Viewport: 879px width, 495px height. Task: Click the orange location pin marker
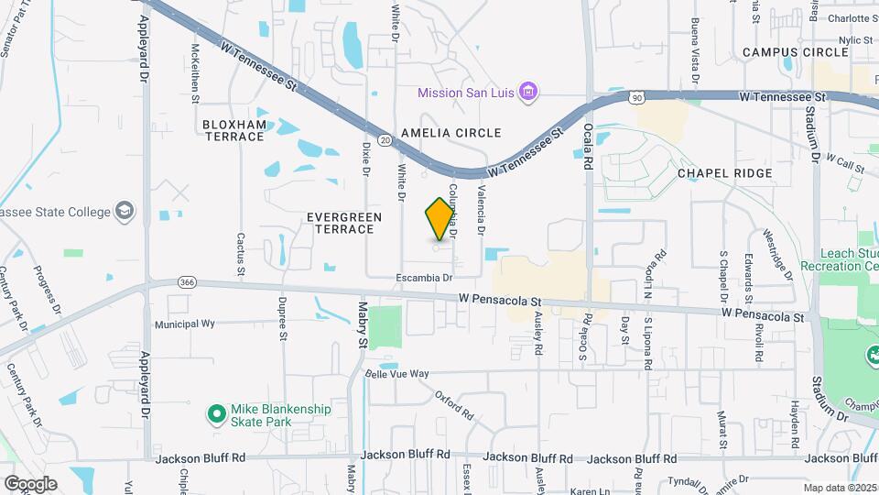tap(440, 218)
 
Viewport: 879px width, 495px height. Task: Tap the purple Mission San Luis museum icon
tap(527, 92)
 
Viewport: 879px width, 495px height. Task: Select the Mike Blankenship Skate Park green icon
tap(217, 415)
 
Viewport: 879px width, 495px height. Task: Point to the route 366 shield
tap(188, 281)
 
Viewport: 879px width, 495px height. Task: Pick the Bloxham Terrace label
tap(233, 130)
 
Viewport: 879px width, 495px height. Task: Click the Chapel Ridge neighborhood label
tap(725, 173)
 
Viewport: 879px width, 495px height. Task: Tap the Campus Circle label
tap(796, 52)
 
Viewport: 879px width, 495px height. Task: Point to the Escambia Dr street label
tap(425, 277)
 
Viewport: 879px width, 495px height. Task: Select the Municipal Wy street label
tap(184, 324)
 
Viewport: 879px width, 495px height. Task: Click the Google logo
tap(30, 484)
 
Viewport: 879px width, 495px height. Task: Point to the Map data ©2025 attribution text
tap(839, 488)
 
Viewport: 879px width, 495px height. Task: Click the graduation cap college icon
tap(123, 212)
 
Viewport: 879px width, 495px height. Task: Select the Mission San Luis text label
tap(466, 92)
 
